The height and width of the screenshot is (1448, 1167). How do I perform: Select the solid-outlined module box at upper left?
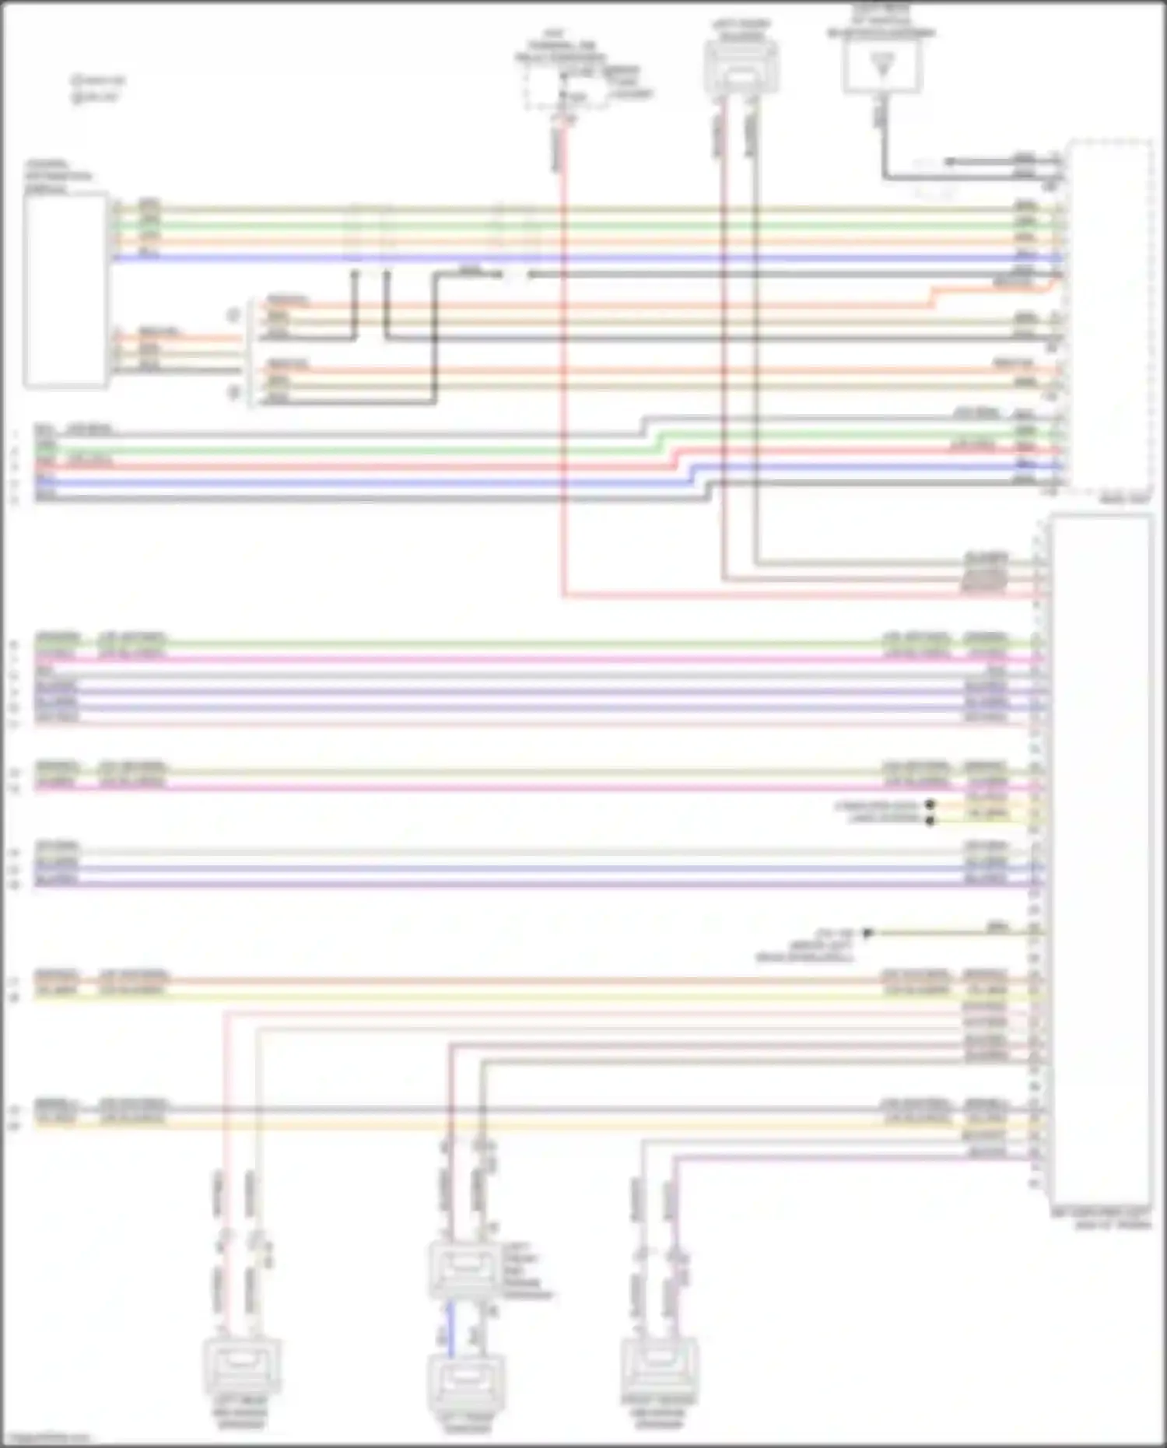[x=65, y=289]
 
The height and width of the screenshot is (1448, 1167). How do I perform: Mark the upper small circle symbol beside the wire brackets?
[x=233, y=316]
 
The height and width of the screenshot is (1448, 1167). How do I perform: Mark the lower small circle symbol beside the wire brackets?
[x=233, y=393]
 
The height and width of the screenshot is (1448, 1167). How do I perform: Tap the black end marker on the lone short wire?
[x=868, y=932]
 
